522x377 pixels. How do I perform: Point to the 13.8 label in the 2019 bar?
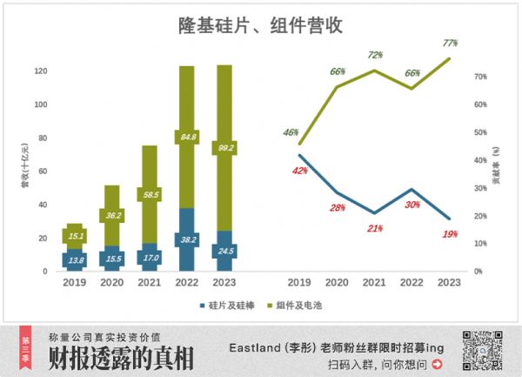click(x=76, y=259)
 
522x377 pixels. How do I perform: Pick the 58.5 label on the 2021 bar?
click(x=151, y=194)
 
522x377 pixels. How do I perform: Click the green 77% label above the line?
click(x=450, y=42)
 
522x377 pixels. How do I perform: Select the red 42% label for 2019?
click(x=299, y=171)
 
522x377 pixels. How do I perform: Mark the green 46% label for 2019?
click(x=291, y=132)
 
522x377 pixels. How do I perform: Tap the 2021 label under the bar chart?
click(x=150, y=282)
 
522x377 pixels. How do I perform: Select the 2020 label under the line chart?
click(x=337, y=282)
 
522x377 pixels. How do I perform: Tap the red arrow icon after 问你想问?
click(x=436, y=365)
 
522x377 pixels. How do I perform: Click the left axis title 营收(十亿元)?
click(x=24, y=168)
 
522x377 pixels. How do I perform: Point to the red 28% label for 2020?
click(x=337, y=208)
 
